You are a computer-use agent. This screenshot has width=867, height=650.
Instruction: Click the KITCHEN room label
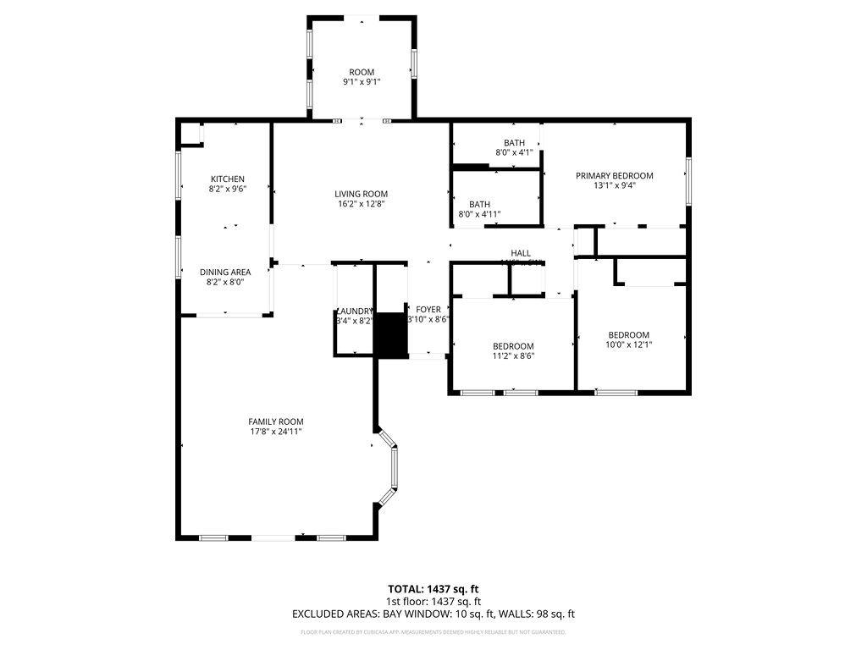coord(227,179)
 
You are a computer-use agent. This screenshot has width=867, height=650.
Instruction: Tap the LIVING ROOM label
coord(361,194)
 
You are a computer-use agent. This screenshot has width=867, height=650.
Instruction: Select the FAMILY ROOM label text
coord(275,421)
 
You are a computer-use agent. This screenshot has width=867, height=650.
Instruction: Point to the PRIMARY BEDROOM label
coord(614,176)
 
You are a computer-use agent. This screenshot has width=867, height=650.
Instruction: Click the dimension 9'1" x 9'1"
coord(361,83)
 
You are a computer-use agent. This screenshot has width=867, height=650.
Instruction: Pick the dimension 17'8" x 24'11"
coord(275,432)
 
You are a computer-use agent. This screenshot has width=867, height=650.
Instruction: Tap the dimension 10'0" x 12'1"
coord(628,344)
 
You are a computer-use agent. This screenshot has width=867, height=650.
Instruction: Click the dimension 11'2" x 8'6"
coord(513,355)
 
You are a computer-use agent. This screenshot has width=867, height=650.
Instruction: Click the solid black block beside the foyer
coord(390,334)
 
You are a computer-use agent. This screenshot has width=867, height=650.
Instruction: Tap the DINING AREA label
coord(225,272)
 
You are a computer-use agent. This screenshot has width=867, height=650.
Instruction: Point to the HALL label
coord(520,253)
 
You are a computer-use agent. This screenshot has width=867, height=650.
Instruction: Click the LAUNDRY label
coord(354,311)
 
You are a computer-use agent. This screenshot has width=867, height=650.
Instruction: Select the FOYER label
coord(428,310)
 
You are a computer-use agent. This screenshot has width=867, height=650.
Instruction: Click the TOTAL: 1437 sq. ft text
coord(433,588)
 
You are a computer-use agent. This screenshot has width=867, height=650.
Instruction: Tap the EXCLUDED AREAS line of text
coord(433,614)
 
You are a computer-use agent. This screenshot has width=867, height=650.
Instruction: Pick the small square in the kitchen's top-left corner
coord(193,134)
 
